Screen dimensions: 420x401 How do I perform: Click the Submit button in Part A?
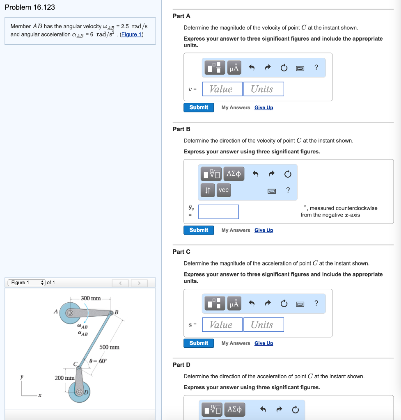coord(199,107)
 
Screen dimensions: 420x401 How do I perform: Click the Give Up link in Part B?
coord(264,231)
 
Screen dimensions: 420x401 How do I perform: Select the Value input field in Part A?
coord(222,89)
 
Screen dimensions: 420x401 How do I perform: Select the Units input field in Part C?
coord(263,325)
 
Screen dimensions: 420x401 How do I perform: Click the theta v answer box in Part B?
coord(218,212)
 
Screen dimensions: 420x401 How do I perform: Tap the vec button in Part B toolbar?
coord(224,190)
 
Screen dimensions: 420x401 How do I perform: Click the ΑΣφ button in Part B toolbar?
coord(234,173)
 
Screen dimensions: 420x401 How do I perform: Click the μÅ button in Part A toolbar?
coord(234,68)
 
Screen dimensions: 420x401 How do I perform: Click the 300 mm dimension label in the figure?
coord(91,298)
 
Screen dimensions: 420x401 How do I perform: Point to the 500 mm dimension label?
coord(110,347)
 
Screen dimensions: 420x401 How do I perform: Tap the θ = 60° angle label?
coord(98,361)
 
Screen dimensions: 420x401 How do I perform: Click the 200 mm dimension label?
coord(64,378)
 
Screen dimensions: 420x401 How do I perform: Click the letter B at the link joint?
coord(116,312)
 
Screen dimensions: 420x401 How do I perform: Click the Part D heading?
coord(181,365)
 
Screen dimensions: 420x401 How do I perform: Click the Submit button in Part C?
coord(199,343)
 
